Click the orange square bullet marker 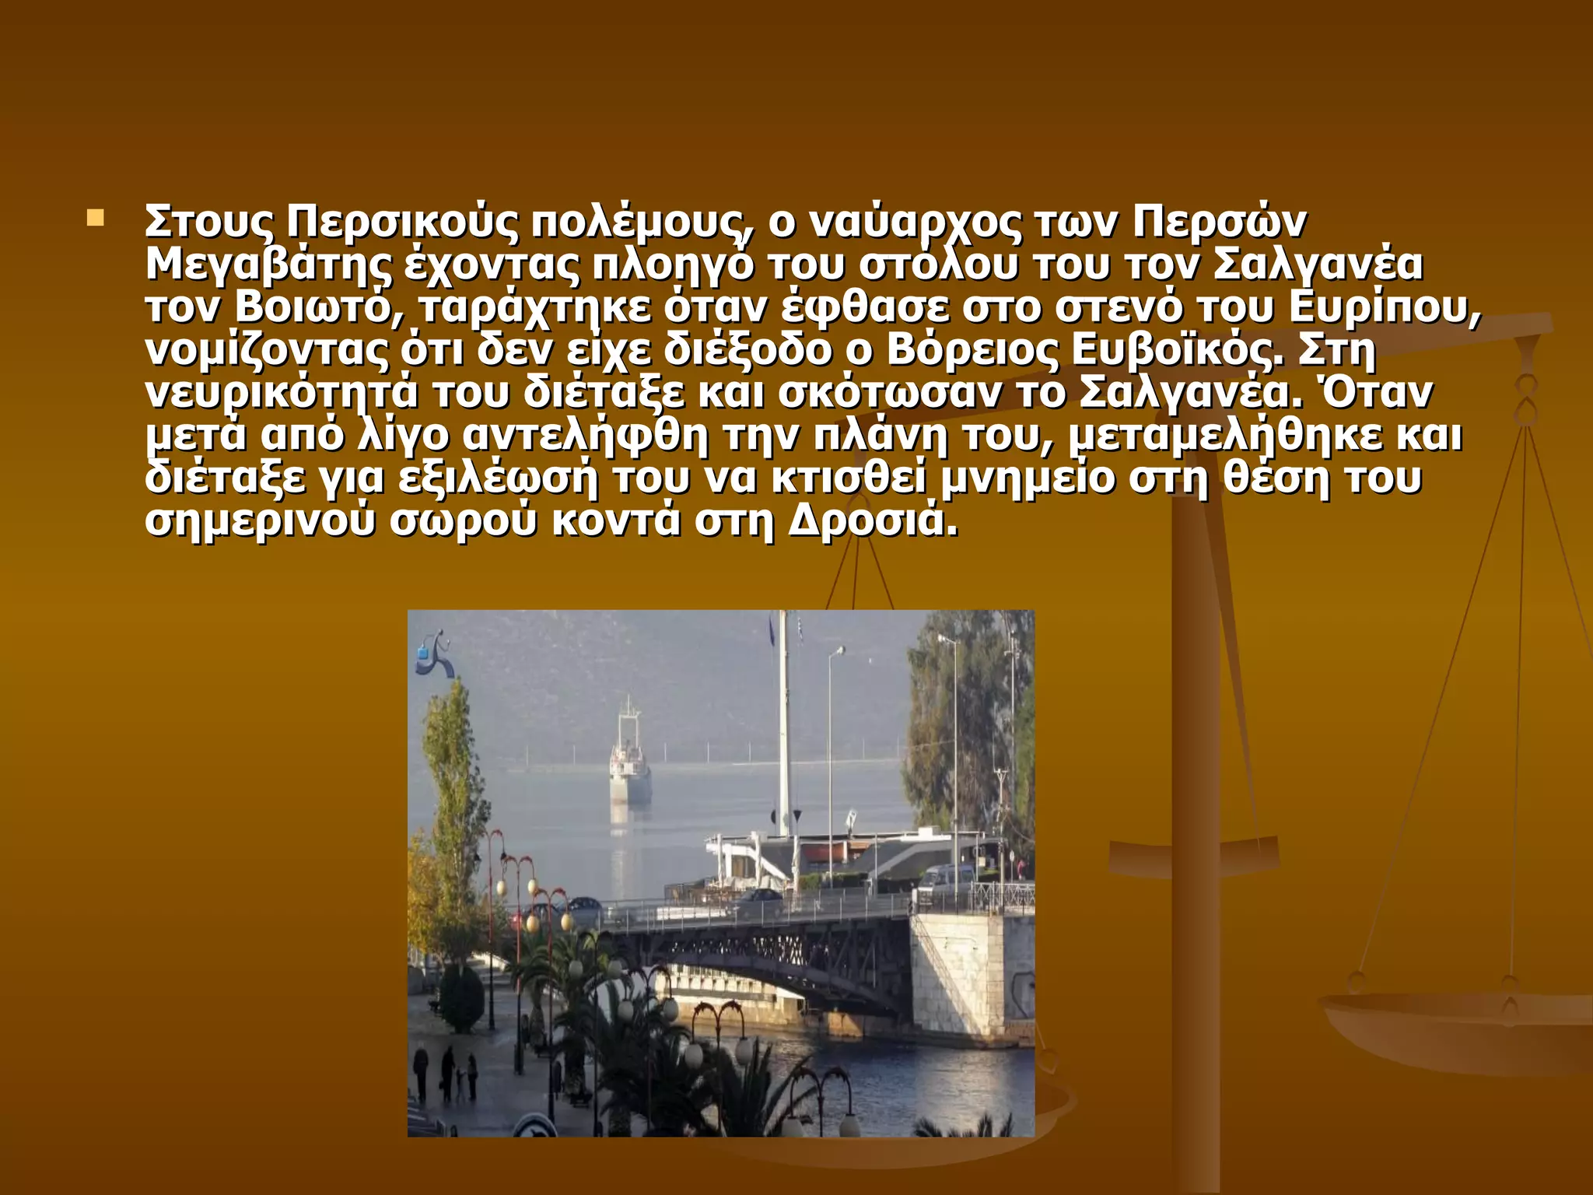coord(96,217)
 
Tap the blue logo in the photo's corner coord(432,654)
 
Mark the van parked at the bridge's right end coord(945,879)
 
